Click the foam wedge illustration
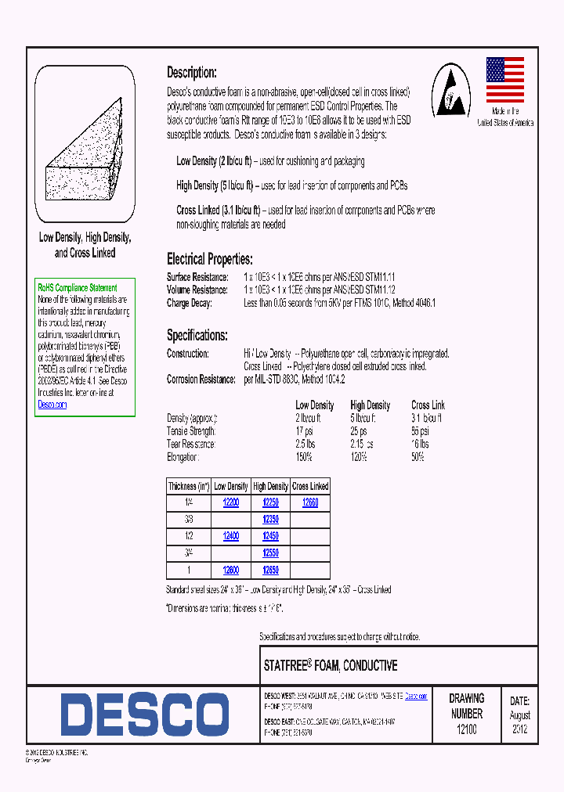[x=85, y=153]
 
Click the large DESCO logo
[x=144, y=715]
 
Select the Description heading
[x=191, y=72]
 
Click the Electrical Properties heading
[x=209, y=259]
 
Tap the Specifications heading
[x=197, y=336]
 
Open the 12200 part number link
[x=230, y=502]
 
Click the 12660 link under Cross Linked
[x=310, y=502]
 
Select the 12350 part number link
[x=270, y=519]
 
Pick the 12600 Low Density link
[x=230, y=570]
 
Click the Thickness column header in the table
[x=187, y=486]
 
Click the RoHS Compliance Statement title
[x=78, y=288]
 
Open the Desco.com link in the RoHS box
[x=52, y=405]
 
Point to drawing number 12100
[x=466, y=729]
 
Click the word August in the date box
[x=520, y=715]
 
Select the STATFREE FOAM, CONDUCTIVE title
[x=331, y=666]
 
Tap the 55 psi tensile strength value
[x=420, y=430]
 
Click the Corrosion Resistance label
[x=201, y=379]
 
